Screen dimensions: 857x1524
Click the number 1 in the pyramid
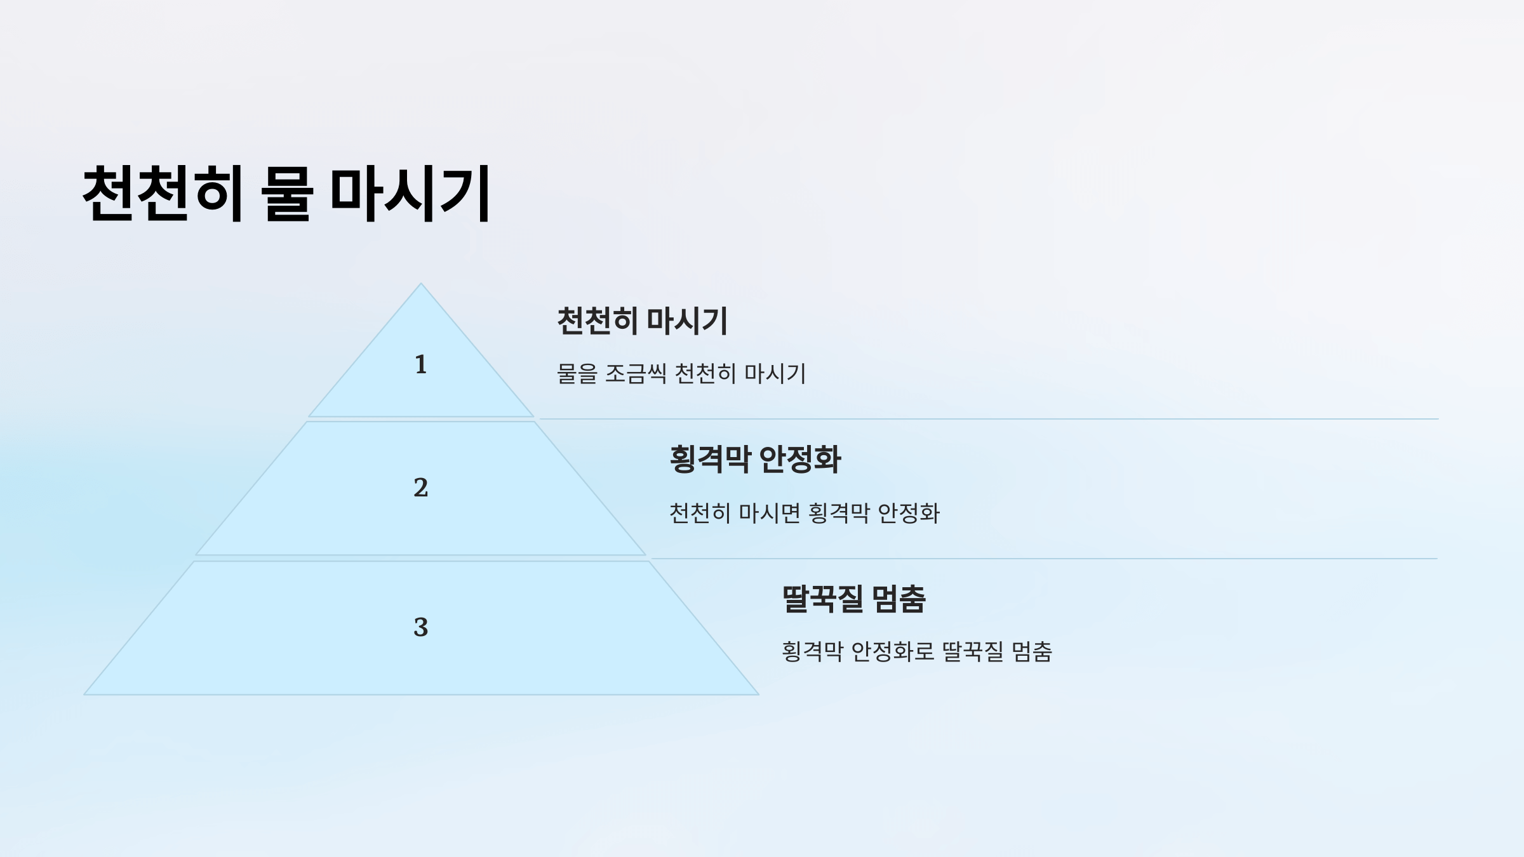[x=420, y=364]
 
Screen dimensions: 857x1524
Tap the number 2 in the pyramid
[x=420, y=488]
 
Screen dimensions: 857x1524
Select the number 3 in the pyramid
[x=420, y=627]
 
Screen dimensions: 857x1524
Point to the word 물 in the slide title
[x=287, y=193]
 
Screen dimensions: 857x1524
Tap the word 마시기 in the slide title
[x=410, y=193]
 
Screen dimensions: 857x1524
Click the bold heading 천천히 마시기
[x=642, y=321]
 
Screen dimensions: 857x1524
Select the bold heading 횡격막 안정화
[x=755, y=459]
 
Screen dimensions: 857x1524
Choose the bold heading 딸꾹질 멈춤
[x=853, y=599]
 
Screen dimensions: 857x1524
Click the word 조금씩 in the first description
[x=635, y=373]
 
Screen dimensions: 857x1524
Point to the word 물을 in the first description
[x=577, y=373]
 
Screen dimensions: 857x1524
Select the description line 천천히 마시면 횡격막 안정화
[x=804, y=513]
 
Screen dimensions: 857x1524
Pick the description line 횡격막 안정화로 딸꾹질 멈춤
[x=916, y=651]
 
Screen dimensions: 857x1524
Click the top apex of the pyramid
[x=420, y=284]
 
